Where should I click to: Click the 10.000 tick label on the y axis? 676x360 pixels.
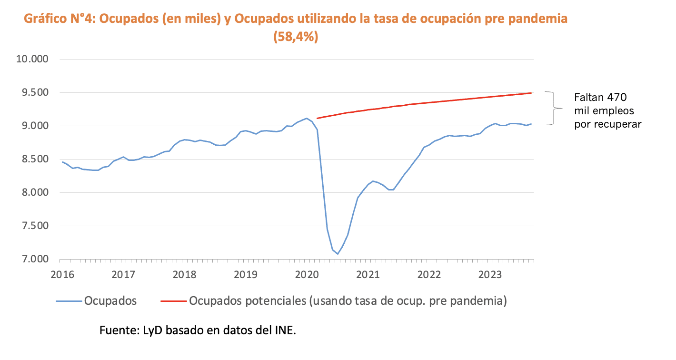(x=33, y=60)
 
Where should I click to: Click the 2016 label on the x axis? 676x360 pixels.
(x=62, y=275)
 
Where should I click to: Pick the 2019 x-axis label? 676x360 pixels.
(x=246, y=275)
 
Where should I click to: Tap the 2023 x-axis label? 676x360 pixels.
(x=490, y=275)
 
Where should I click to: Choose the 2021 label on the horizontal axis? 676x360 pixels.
(x=368, y=275)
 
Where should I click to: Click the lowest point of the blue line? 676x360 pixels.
(x=338, y=254)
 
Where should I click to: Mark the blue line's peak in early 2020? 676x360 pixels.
(x=307, y=118)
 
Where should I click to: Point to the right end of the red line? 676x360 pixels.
(x=531, y=93)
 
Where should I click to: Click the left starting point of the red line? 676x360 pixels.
(x=317, y=118)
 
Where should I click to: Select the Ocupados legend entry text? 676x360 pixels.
(x=110, y=301)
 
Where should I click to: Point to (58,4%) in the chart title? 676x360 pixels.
(x=296, y=37)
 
